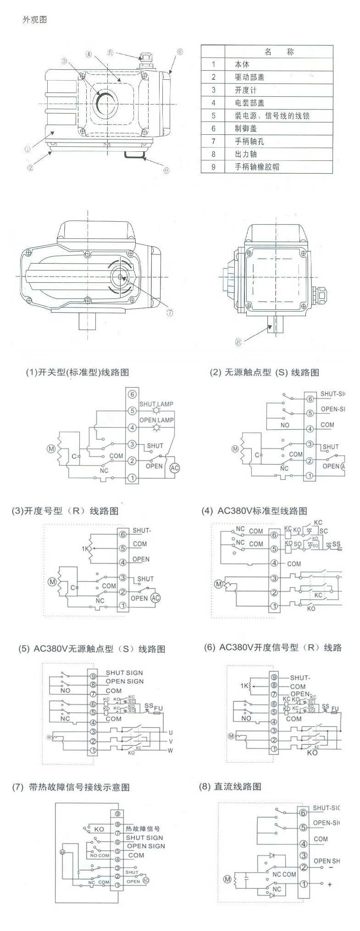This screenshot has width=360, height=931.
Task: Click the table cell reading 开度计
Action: (246, 90)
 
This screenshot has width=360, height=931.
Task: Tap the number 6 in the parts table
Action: (213, 128)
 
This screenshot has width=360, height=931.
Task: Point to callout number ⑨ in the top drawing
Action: (166, 170)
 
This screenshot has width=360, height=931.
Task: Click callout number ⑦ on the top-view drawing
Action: (170, 313)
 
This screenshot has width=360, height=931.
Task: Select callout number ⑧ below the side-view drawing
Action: (238, 341)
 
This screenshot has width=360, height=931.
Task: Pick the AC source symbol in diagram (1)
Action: (175, 468)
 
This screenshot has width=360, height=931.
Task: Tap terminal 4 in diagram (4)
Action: (274, 563)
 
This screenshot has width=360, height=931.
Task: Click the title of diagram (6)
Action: (273, 647)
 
